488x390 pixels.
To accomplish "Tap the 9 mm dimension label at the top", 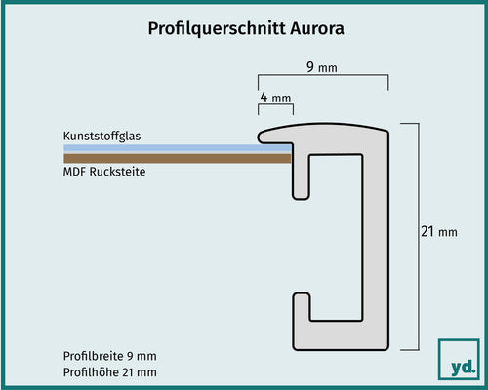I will pyautogui.click(x=323, y=68).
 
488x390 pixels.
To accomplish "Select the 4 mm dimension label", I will pyautogui.click(x=274, y=98).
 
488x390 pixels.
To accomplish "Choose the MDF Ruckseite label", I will pyautogui.click(x=109, y=172).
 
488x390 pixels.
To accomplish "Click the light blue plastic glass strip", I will pyautogui.click(x=176, y=147).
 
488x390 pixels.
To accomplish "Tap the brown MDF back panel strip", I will pyautogui.click(x=176, y=158).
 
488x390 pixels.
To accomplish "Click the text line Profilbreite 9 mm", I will pyautogui.click(x=109, y=357).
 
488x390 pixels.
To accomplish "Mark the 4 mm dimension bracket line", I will pyautogui.click(x=275, y=109).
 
